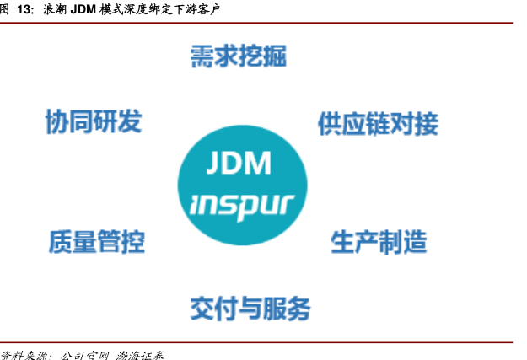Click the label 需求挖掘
pyautogui.click(x=238, y=57)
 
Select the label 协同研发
pyautogui.click(x=93, y=121)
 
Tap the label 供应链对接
pyautogui.click(x=378, y=124)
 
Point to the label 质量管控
pyautogui.click(x=96, y=243)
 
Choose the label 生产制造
pyautogui.click(x=379, y=243)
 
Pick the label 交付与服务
pyautogui.click(x=250, y=308)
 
